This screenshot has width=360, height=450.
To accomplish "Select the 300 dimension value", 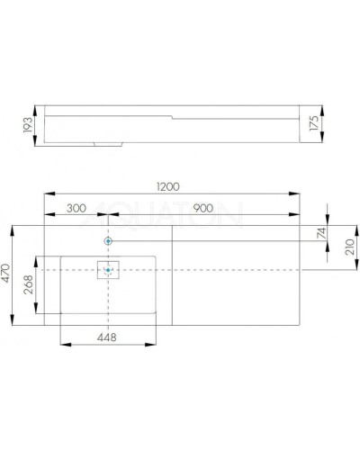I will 76,208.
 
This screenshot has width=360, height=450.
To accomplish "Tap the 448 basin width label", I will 107,337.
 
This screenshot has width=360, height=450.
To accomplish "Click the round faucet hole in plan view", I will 108,242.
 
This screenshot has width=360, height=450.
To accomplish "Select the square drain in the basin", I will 108,269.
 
